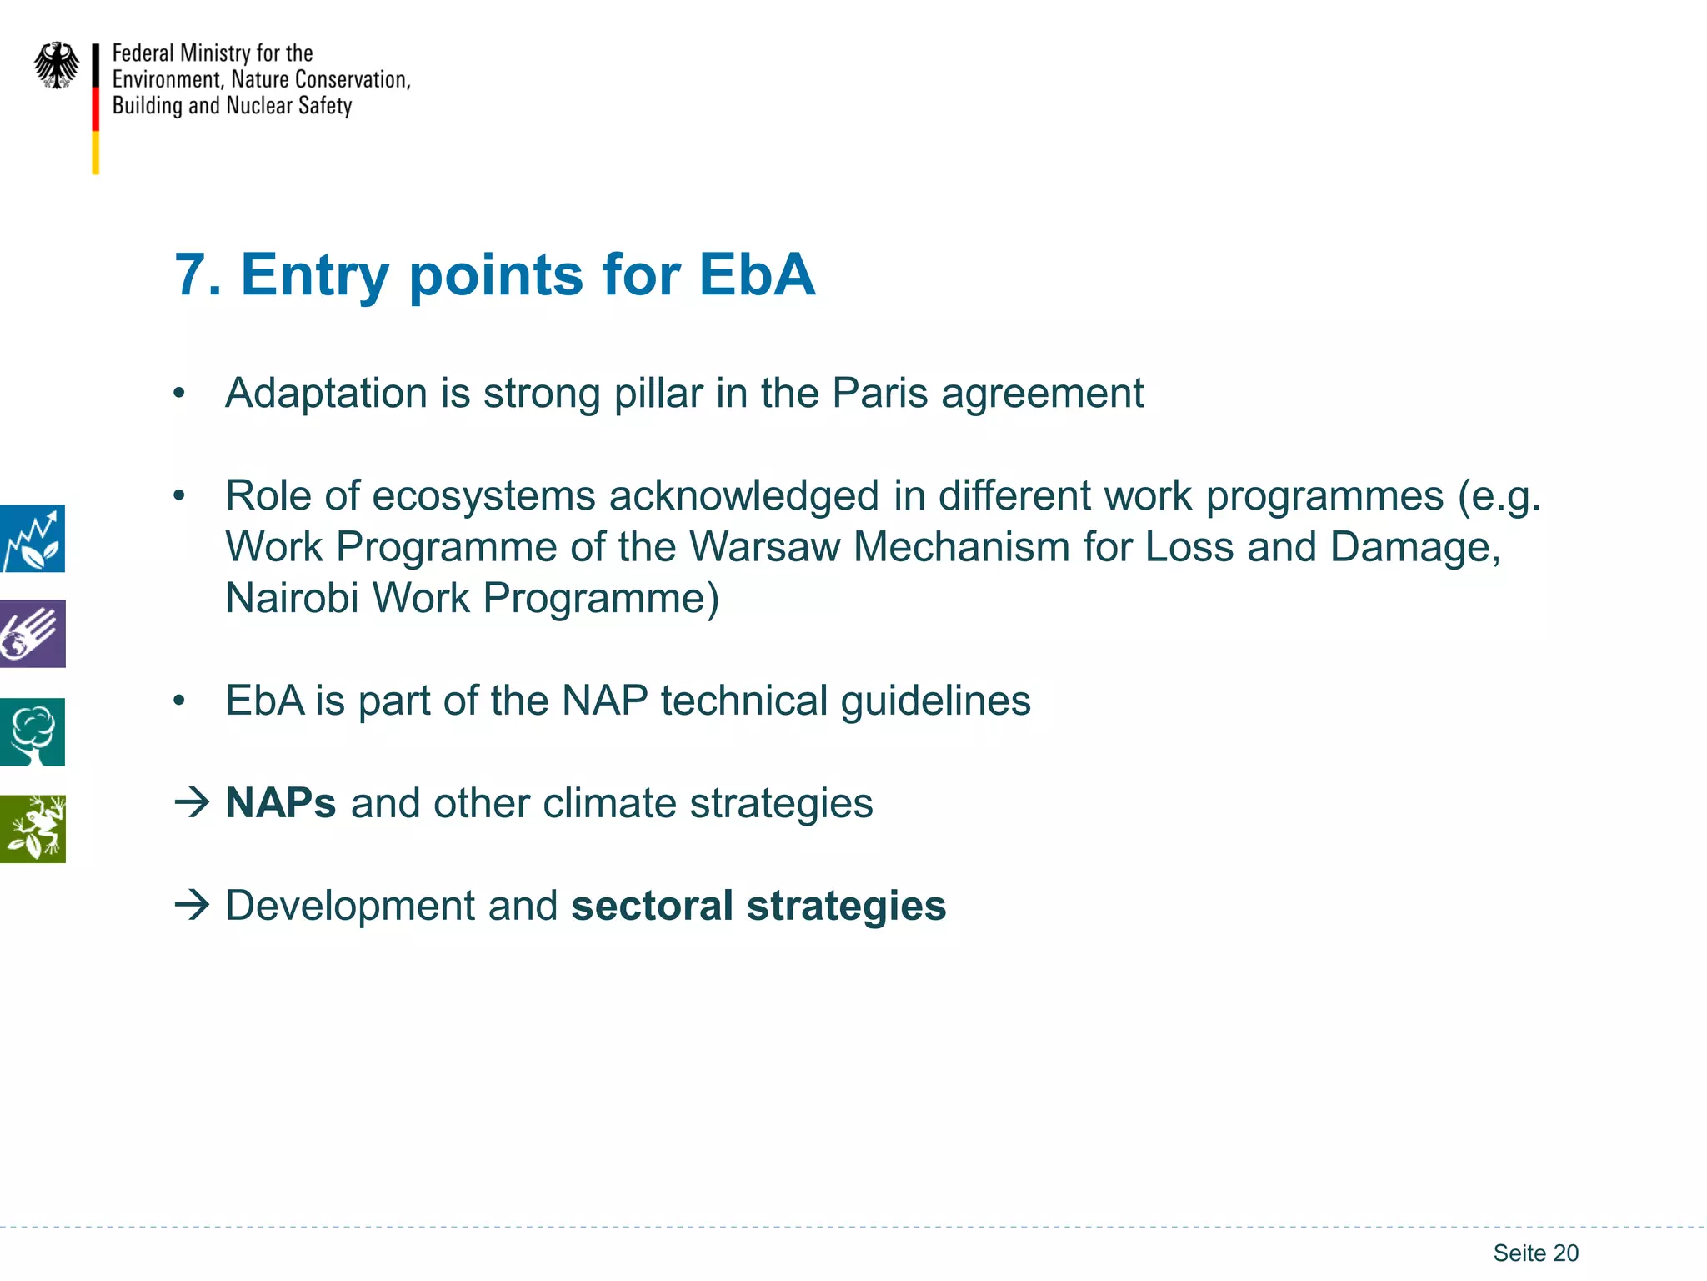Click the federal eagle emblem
point(56,65)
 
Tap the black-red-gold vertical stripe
point(96,108)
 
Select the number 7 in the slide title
point(190,274)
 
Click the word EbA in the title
point(756,274)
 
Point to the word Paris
point(879,393)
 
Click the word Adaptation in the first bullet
point(326,393)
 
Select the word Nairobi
point(292,598)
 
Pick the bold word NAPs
point(281,803)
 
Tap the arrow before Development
point(192,905)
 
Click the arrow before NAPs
point(192,802)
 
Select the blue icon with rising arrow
point(33,539)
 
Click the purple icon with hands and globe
point(33,634)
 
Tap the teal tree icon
point(33,731)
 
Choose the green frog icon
point(33,829)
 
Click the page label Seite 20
point(1535,1253)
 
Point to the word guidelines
point(935,701)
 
